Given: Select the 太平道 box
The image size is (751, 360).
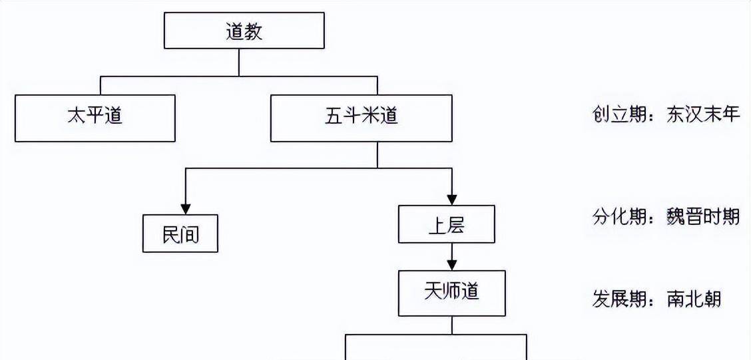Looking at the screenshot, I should [x=95, y=118].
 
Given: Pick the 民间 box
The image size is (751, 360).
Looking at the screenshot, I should [x=180, y=233].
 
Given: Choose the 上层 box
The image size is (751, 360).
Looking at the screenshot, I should [x=446, y=224].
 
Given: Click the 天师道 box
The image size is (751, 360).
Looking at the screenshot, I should [x=451, y=292].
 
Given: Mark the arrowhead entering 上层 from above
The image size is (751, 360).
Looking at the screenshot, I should [x=452, y=199].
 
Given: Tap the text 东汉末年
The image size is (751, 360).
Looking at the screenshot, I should [x=702, y=115].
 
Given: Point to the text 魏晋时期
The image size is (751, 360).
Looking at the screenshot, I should [x=702, y=216].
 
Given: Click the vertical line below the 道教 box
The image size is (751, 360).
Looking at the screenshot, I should [x=239, y=63].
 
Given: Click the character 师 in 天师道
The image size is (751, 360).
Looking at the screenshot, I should [x=451, y=292].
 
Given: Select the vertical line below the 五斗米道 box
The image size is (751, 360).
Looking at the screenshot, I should [x=377, y=154].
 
